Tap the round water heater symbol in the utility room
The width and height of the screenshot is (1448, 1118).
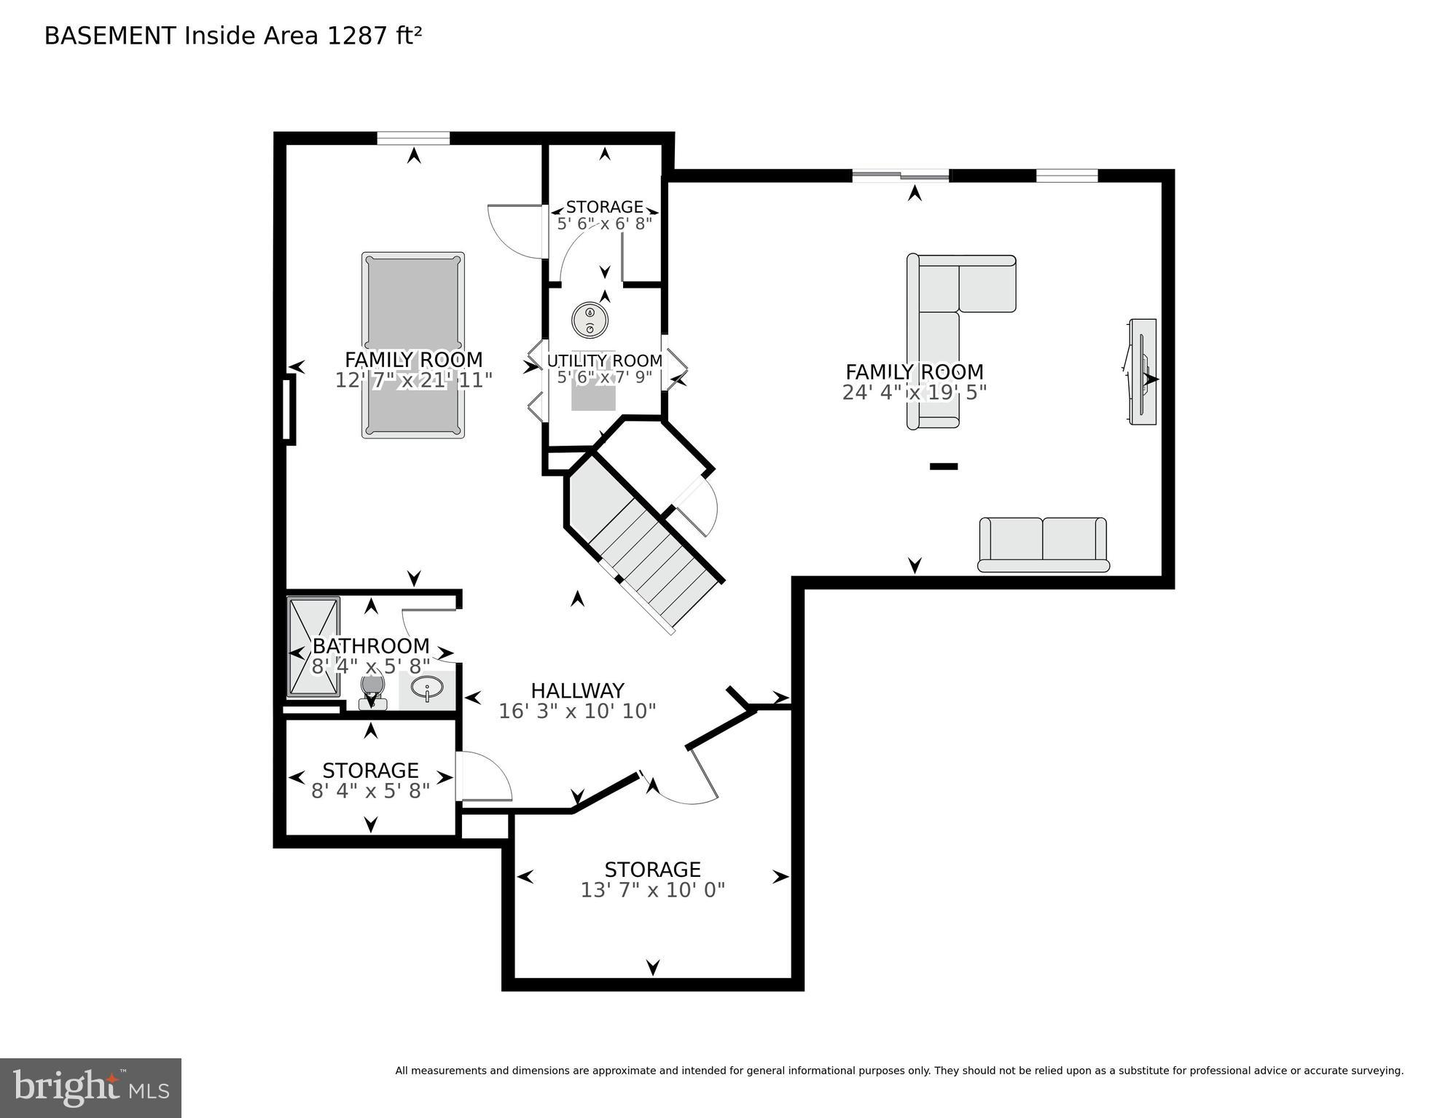[x=590, y=320]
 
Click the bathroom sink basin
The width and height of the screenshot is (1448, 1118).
[x=427, y=688]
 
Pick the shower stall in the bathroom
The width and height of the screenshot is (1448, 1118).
[x=313, y=646]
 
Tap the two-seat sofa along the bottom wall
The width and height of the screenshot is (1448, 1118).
[x=1043, y=544]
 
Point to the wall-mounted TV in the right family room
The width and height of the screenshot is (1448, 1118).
[x=1142, y=371]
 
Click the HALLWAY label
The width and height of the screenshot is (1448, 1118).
[x=577, y=690]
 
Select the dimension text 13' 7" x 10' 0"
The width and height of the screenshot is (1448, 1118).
[x=652, y=890]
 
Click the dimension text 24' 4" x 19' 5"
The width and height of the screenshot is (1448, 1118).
[x=914, y=393]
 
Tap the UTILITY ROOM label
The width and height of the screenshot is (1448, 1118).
[x=604, y=361]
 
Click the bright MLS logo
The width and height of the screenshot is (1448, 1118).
[x=90, y=1087]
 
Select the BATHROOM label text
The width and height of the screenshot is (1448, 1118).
[x=370, y=646]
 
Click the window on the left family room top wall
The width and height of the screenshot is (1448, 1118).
[x=413, y=138]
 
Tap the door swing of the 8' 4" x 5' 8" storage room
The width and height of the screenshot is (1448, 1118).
[x=484, y=778]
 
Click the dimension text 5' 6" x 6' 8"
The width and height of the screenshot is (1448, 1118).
[x=604, y=224]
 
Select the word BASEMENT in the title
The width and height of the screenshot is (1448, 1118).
[x=110, y=36]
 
